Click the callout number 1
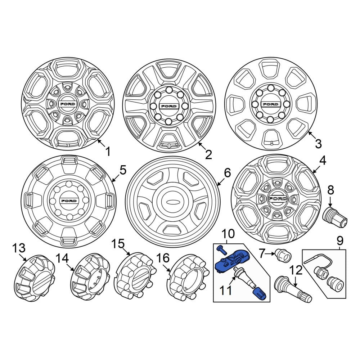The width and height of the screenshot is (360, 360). pos(107,152)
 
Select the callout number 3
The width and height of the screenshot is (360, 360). pos(318,144)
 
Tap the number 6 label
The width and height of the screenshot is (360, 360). pos(227,173)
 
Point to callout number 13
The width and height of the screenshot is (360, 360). pos(19,248)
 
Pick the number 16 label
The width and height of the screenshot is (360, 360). pos(163,258)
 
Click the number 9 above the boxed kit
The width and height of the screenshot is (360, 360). pos(340,241)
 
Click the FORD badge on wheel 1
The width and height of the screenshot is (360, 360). pos(68,104)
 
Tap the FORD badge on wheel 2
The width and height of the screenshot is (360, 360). pos(169,106)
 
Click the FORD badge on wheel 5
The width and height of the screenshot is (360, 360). pos(69,201)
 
